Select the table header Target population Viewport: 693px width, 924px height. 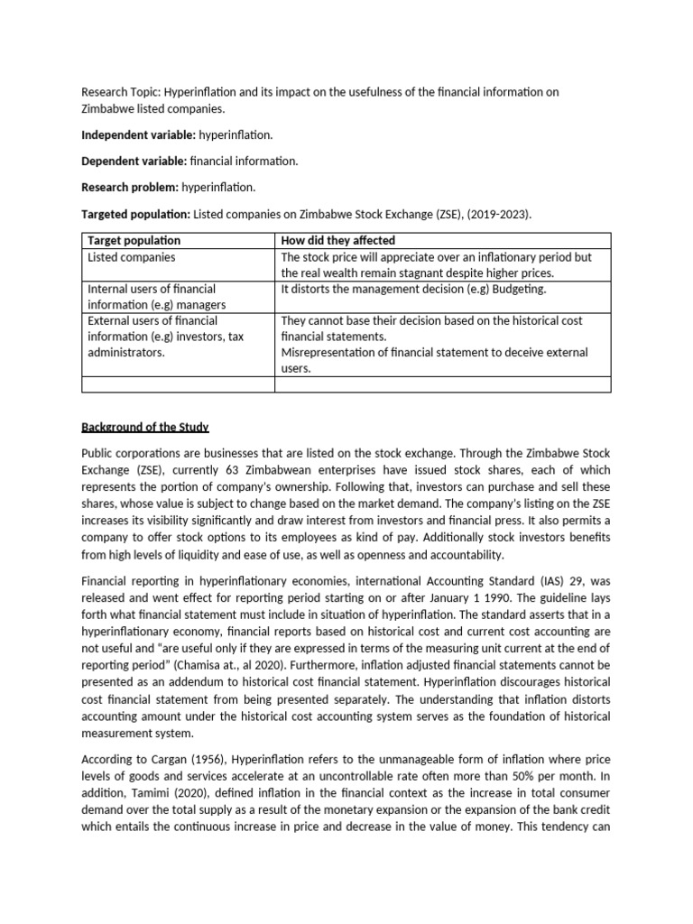click(134, 241)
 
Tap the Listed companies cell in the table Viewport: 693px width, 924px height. click(131, 257)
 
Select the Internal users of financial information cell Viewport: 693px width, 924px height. click(152, 296)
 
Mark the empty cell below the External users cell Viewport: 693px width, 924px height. click(178, 384)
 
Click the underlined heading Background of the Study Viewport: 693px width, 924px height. click(145, 427)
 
